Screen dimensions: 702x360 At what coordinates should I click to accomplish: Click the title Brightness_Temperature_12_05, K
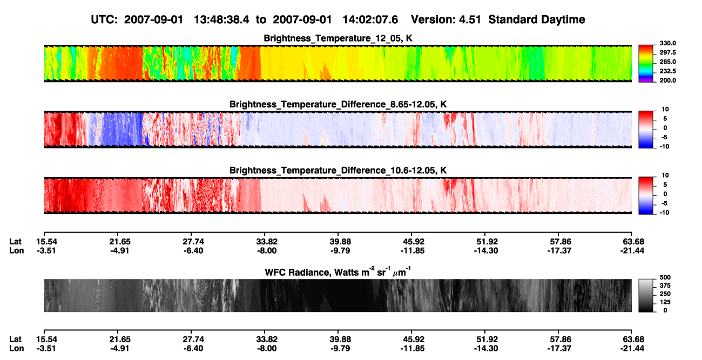[338, 38]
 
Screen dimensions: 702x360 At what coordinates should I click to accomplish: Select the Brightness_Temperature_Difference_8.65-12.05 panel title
[338, 104]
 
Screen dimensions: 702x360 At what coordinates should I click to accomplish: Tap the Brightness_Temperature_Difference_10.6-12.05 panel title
[338, 171]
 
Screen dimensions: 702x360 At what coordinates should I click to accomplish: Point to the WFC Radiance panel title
[338, 271]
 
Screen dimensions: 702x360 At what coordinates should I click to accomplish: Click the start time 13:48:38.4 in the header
[221, 19]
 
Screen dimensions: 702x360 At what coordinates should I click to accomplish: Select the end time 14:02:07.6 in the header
[370, 19]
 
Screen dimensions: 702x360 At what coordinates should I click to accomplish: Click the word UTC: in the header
[104, 19]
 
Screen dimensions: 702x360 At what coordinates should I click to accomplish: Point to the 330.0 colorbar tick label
[667, 43]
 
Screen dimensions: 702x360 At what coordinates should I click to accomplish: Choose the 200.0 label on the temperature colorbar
[667, 80]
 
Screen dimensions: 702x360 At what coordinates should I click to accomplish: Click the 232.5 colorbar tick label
[667, 71]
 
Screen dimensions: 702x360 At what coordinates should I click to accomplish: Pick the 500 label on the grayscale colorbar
[665, 277]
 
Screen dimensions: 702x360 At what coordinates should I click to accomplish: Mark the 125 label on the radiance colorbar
[665, 302]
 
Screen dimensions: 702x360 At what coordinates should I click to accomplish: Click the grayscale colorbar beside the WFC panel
[646, 295]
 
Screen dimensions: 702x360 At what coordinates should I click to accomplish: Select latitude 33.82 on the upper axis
[267, 242]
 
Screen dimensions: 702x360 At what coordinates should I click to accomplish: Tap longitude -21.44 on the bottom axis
[632, 348]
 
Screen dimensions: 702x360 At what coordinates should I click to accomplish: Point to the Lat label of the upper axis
[15, 242]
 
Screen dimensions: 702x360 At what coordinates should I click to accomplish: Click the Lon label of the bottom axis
[16, 348]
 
